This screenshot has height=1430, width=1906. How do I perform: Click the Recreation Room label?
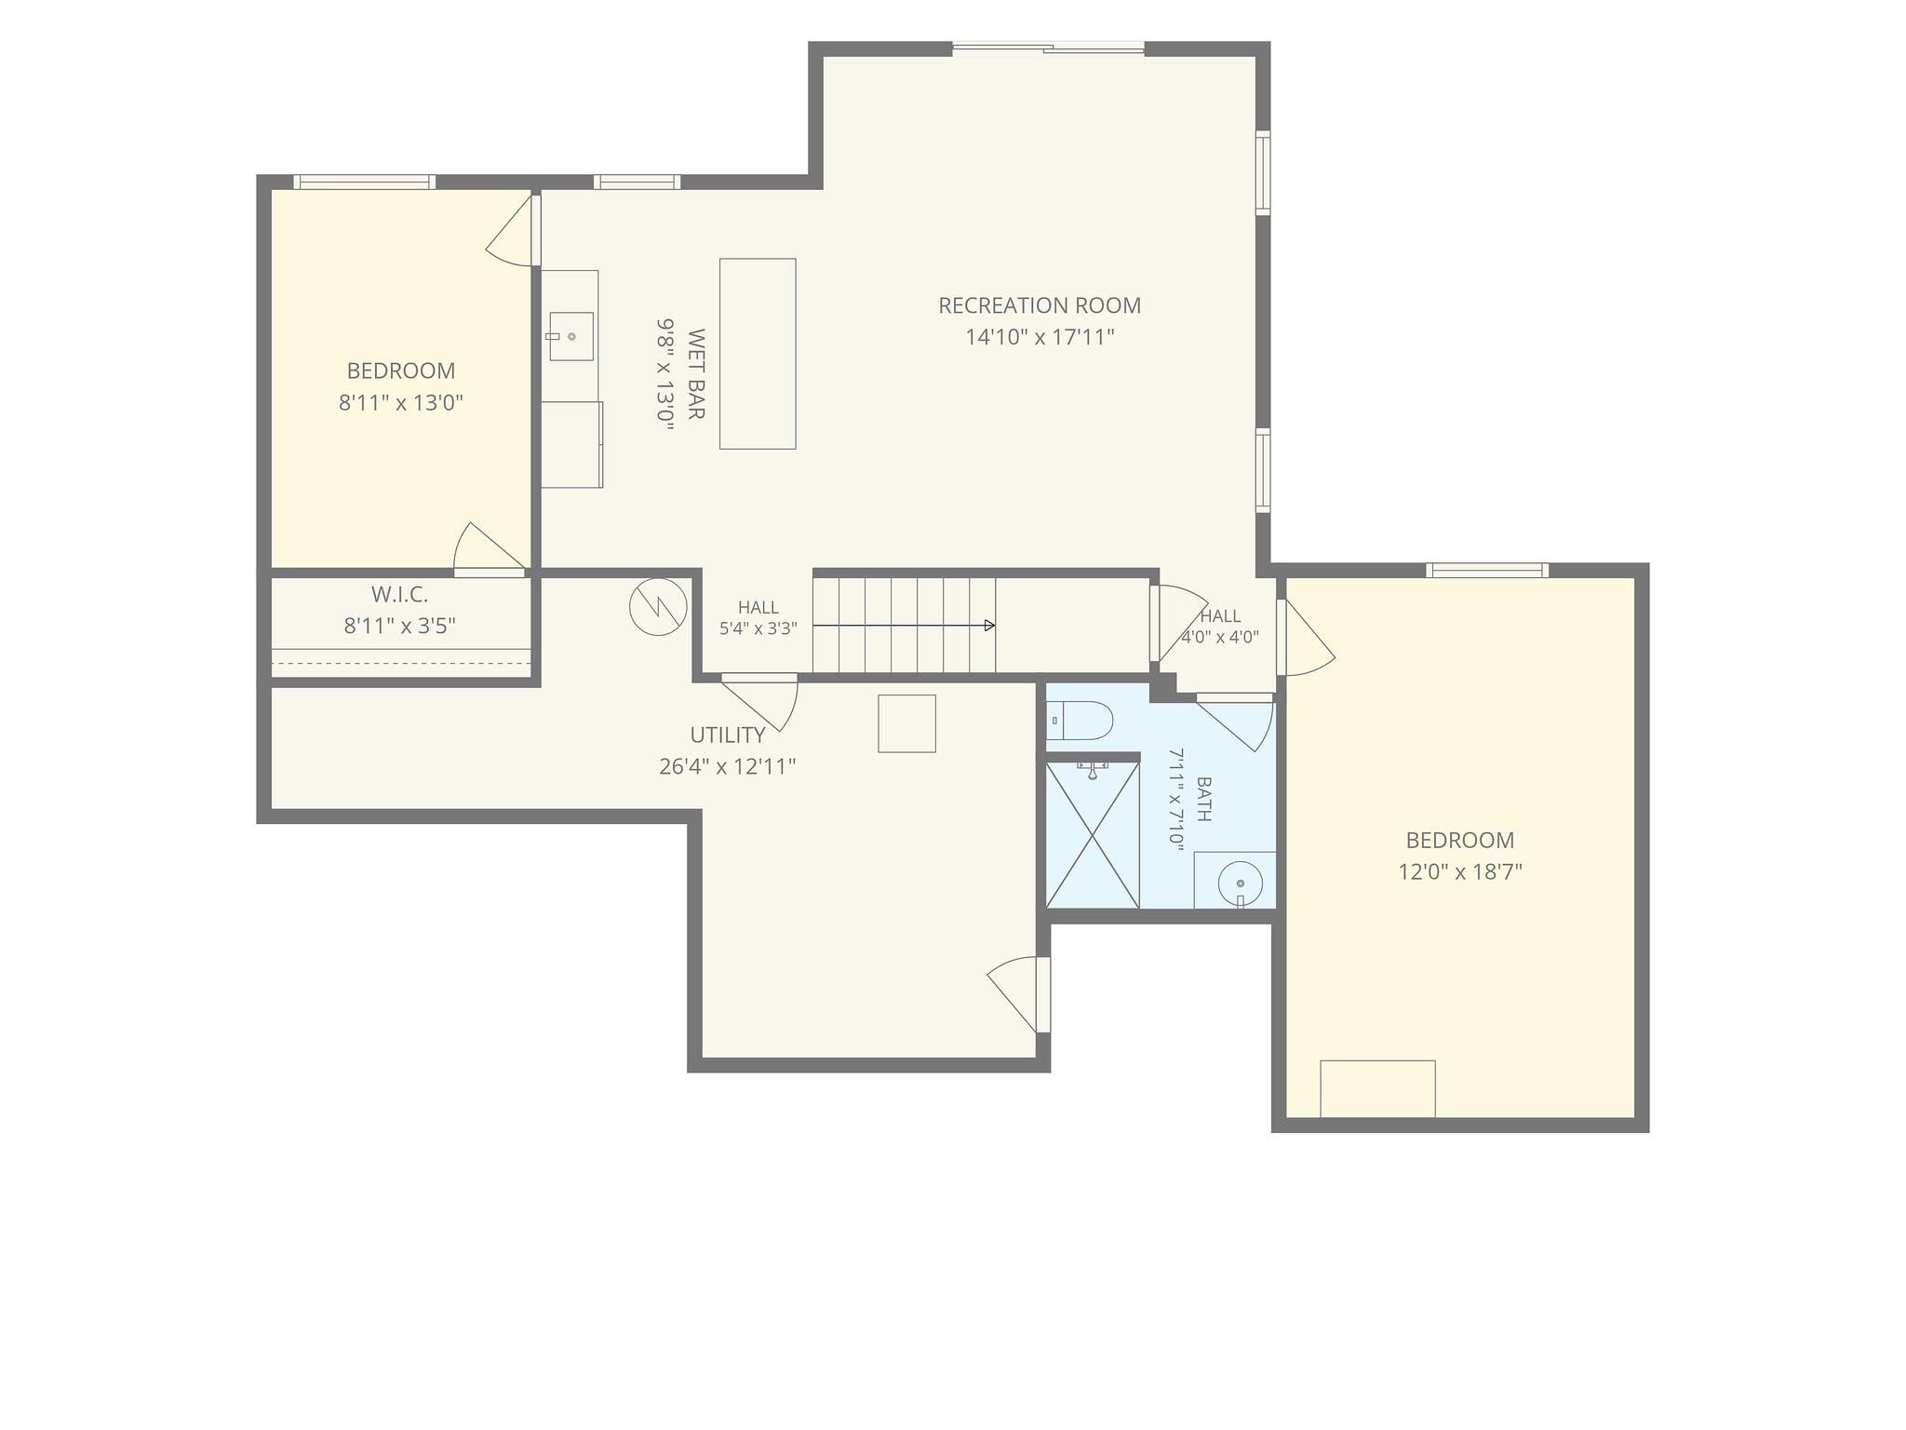click(1039, 305)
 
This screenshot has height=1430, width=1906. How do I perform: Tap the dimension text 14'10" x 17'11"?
click(1040, 337)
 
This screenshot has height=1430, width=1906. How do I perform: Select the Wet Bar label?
click(695, 373)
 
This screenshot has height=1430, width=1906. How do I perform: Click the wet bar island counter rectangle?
click(758, 354)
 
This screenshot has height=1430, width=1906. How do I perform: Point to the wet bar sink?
click(571, 336)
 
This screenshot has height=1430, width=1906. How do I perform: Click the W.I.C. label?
click(400, 594)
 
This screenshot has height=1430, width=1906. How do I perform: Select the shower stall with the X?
click(1093, 834)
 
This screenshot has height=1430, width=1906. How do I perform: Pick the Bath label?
click(1203, 799)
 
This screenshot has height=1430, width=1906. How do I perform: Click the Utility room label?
click(728, 735)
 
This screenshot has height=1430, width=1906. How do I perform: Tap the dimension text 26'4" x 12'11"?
click(728, 767)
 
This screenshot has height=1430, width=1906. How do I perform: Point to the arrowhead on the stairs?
click(990, 626)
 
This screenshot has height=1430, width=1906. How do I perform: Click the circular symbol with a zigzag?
click(658, 608)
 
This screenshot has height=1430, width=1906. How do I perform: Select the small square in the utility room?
click(907, 723)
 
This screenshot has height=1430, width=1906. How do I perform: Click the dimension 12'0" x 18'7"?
click(1460, 872)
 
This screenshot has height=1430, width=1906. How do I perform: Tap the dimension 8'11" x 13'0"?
click(401, 403)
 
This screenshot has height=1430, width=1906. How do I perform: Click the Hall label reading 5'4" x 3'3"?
click(758, 618)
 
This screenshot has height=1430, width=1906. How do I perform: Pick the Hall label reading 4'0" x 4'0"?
click(1220, 627)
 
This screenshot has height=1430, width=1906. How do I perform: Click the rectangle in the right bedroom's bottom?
click(1377, 1088)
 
